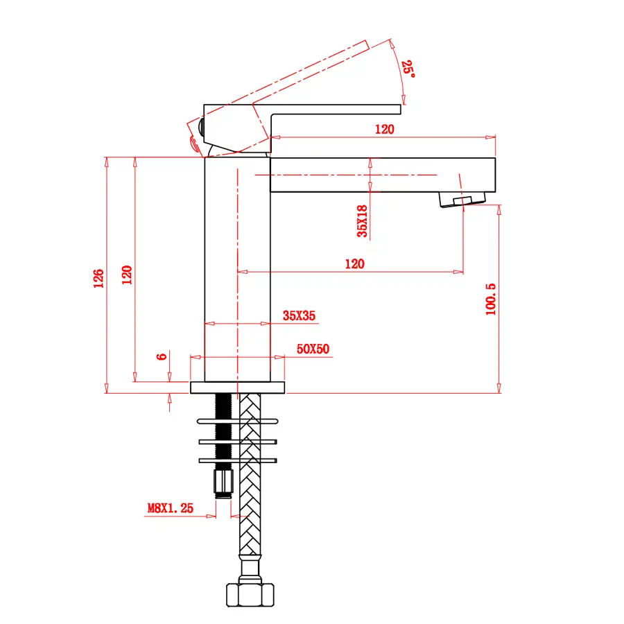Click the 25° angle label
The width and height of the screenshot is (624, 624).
(x=408, y=69)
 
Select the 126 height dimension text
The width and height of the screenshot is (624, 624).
(x=98, y=278)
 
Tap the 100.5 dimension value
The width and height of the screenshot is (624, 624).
(x=491, y=300)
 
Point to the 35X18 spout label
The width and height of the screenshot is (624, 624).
(x=362, y=221)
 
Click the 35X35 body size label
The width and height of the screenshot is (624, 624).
(x=300, y=315)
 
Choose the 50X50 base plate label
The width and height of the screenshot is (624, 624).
(x=313, y=349)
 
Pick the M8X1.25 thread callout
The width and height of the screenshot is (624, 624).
(x=171, y=508)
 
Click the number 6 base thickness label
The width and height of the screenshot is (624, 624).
(x=161, y=356)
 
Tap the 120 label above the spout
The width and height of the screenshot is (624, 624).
(x=384, y=130)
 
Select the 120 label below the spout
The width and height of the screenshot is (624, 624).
(x=354, y=264)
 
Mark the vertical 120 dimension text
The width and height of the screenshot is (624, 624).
(x=127, y=275)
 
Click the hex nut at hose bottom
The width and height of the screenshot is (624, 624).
(x=250, y=595)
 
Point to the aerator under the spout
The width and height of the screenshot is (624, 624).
(x=462, y=199)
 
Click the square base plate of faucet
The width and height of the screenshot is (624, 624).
(x=238, y=388)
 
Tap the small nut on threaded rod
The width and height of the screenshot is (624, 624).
(x=224, y=483)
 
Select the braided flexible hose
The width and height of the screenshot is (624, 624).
(x=250, y=474)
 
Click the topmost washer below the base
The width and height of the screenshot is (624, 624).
(x=238, y=422)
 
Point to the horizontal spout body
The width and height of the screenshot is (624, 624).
(x=383, y=175)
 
